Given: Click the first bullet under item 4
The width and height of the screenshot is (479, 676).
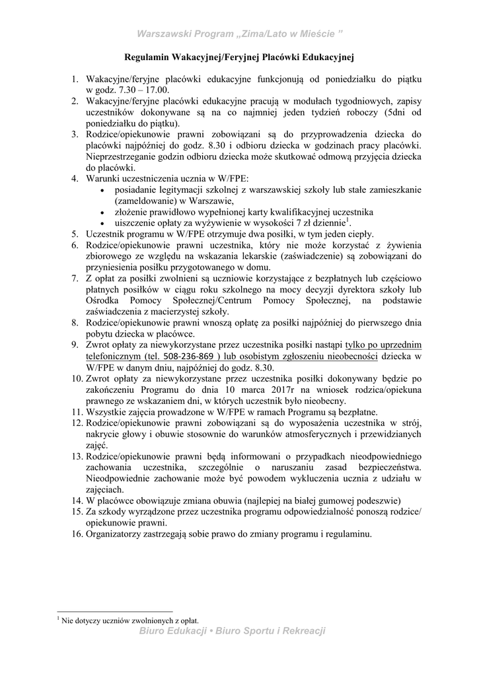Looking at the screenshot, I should pyautogui.click(x=100, y=191).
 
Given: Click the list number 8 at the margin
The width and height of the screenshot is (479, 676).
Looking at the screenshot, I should pyautogui.click(x=75, y=323).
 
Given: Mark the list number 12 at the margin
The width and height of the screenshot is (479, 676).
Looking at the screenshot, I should pyautogui.click(x=77, y=423).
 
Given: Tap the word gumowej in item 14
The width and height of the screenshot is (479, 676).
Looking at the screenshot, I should pyautogui.click(x=344, y=501).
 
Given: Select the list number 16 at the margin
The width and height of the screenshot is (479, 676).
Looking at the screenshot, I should pyautogui.click(x=77, y=534).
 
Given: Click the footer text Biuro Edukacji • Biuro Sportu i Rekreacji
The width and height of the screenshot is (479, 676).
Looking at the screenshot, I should pyautogui.click(x=233, y=631).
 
